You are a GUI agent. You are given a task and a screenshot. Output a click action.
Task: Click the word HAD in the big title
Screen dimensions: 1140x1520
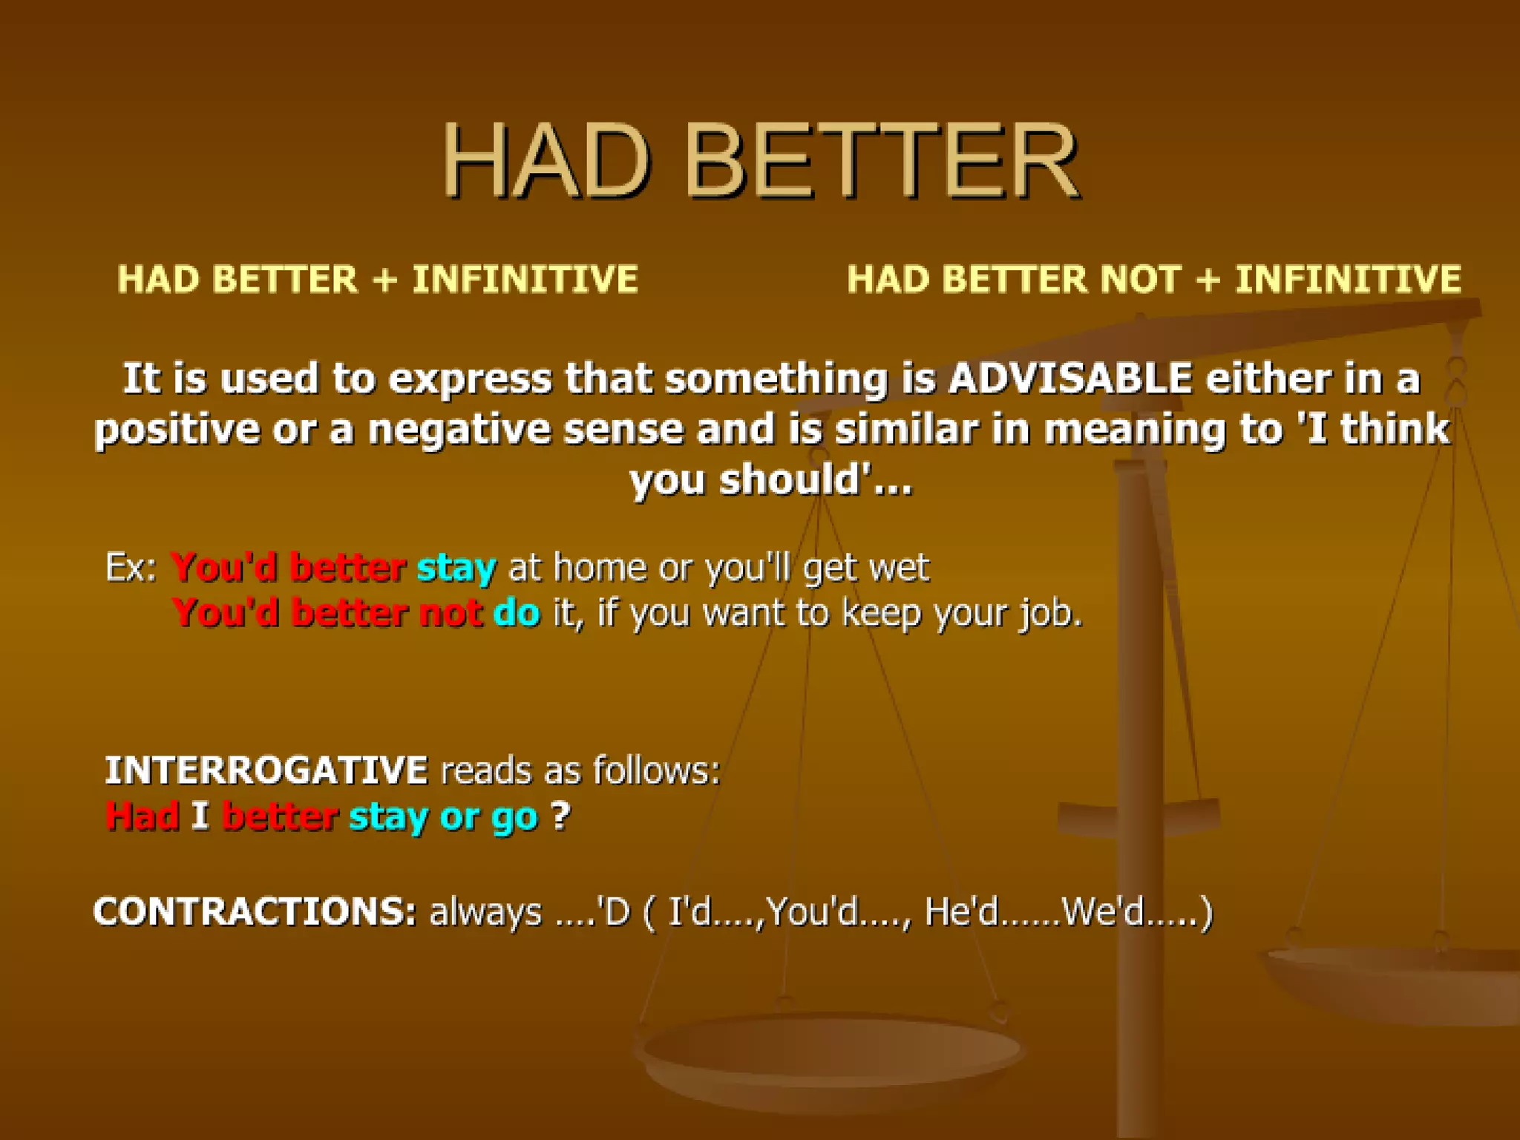click(x=546, y=162)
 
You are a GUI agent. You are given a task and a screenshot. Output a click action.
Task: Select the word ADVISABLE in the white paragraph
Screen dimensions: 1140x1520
click(x=1070, y=378)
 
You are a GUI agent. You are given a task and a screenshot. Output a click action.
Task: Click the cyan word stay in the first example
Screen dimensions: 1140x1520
click(x=456, y=569)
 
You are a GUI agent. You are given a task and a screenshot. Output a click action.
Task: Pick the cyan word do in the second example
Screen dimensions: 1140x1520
click(x=517, y=614)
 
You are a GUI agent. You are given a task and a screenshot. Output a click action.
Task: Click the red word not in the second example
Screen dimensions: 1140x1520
click(x=450, y=614)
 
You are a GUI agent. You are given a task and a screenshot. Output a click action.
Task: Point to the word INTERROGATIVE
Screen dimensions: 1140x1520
click(x=266, y=770)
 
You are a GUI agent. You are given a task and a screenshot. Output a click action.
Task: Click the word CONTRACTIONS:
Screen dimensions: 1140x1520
click(x=254, y=911)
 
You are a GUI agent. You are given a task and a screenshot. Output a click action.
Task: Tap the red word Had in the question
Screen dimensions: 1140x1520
click(x=142, y=816)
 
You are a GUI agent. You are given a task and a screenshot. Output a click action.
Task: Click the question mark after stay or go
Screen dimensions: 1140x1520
click(x=560, y=816)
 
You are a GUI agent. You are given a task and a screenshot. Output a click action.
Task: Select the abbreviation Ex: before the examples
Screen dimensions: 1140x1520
click(x=131, y=568)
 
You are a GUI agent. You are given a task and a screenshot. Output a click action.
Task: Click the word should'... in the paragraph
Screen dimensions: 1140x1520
click(x=815, y=480)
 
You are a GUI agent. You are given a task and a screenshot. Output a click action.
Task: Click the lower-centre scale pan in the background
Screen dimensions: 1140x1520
click(x=830, y=1054)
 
